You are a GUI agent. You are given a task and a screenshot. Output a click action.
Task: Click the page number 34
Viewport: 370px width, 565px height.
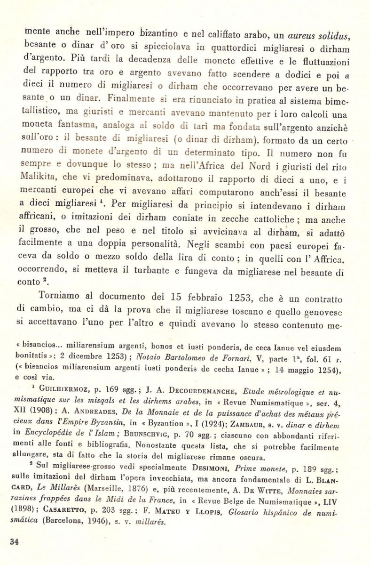point(14,541)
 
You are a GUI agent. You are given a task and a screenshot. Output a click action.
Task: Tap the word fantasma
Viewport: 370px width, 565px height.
point(79,126)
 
